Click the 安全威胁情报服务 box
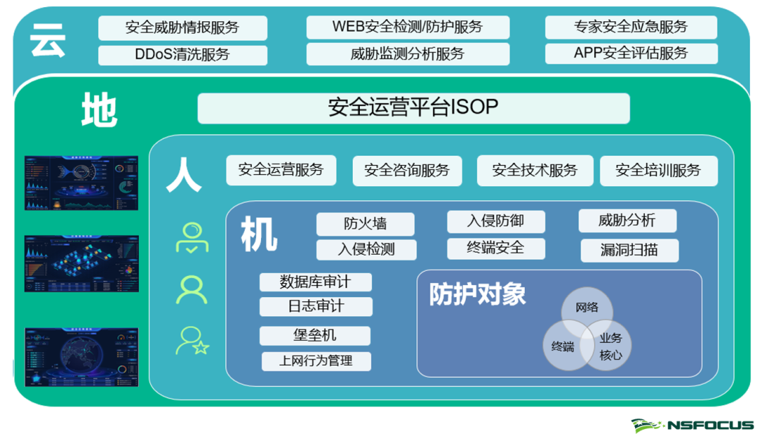click(x=182, y=28)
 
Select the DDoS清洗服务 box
click(x=182, y=54)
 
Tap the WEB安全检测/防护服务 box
click(x=407, y=28)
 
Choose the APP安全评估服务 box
click(x=630, y=53)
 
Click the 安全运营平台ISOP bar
click(x=413, y=107)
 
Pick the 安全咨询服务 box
click(x=406, y=171)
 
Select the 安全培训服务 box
click(x=658, y=171)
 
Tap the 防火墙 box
click(x=365, y=224)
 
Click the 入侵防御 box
click(x=495, y=221)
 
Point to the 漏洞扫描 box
click(x=629, y=250)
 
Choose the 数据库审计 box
click(x=315, y=282)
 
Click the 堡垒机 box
click(x=315, y=335)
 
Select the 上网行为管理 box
click(x=315, y=361)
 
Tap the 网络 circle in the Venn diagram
click(x=587, y=307)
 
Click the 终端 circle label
click(x=563, y=346)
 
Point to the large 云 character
click(x=48, y=41)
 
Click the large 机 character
click(x=259, y=234)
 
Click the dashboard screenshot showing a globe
click(x=81, y=357)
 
